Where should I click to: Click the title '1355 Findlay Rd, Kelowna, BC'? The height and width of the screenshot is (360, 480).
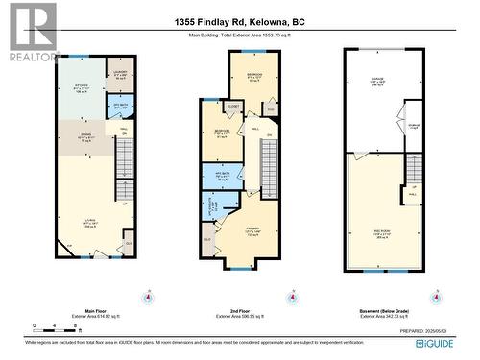point(239,21)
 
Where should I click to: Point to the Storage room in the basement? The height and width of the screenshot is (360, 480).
point(413,126)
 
